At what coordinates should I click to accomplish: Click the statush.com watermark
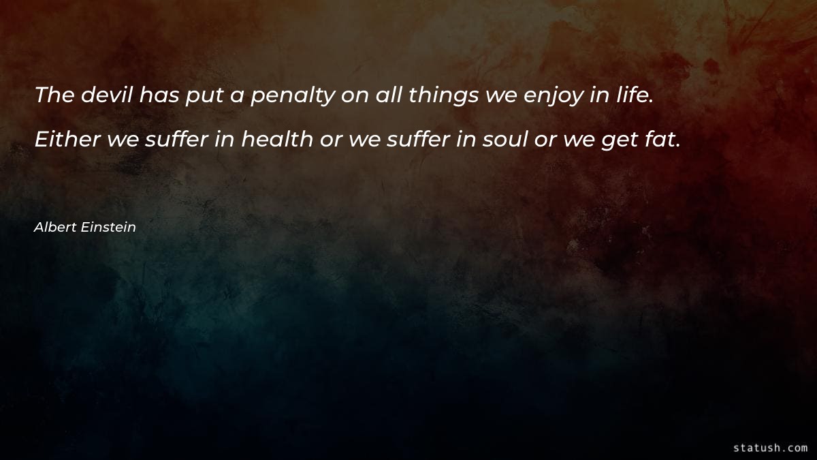[770, 448]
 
